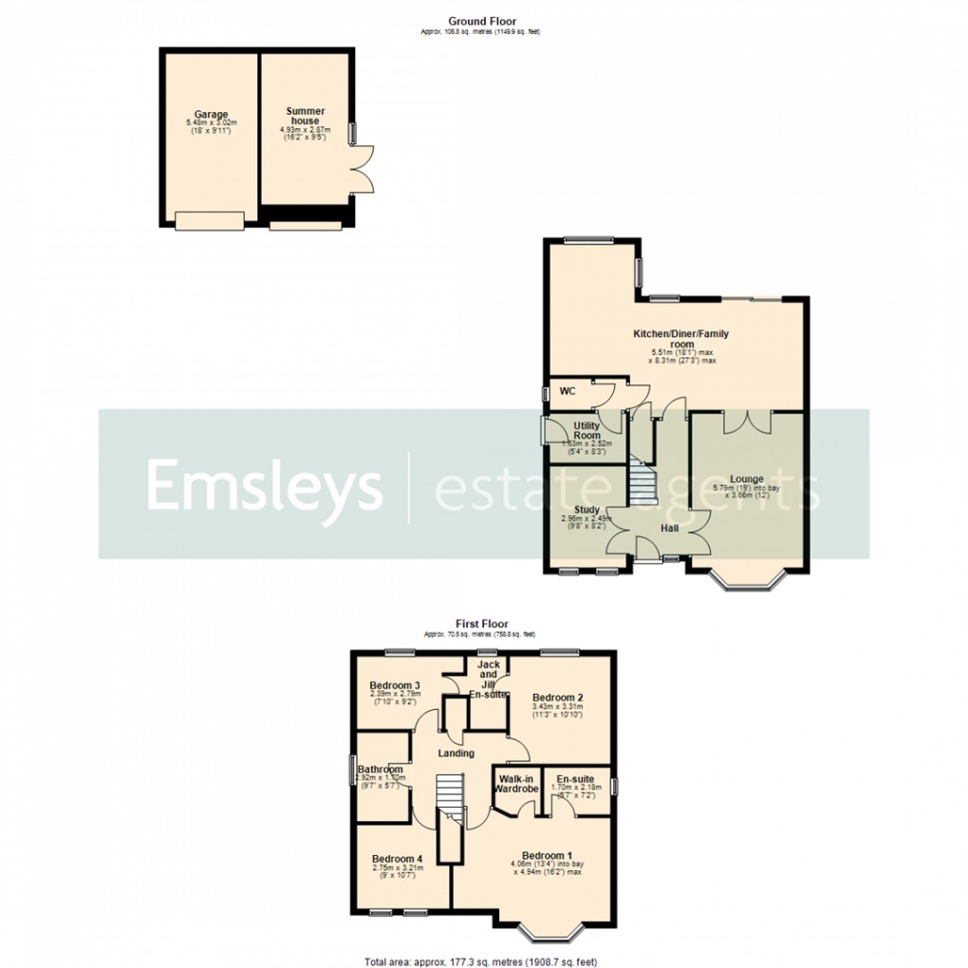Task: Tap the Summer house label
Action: click(305, 117)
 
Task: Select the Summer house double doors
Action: click(362, 169)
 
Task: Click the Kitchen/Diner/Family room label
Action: click(681, 339)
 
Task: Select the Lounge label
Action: click(746, 478)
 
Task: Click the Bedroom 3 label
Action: click(395, 685)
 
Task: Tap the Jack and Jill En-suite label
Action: click(489, 679)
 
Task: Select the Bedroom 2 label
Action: click(558, 694)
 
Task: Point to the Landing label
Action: click(456, 753)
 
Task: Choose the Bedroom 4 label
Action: click(396, 858)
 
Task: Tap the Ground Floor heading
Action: click(481, 20)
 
